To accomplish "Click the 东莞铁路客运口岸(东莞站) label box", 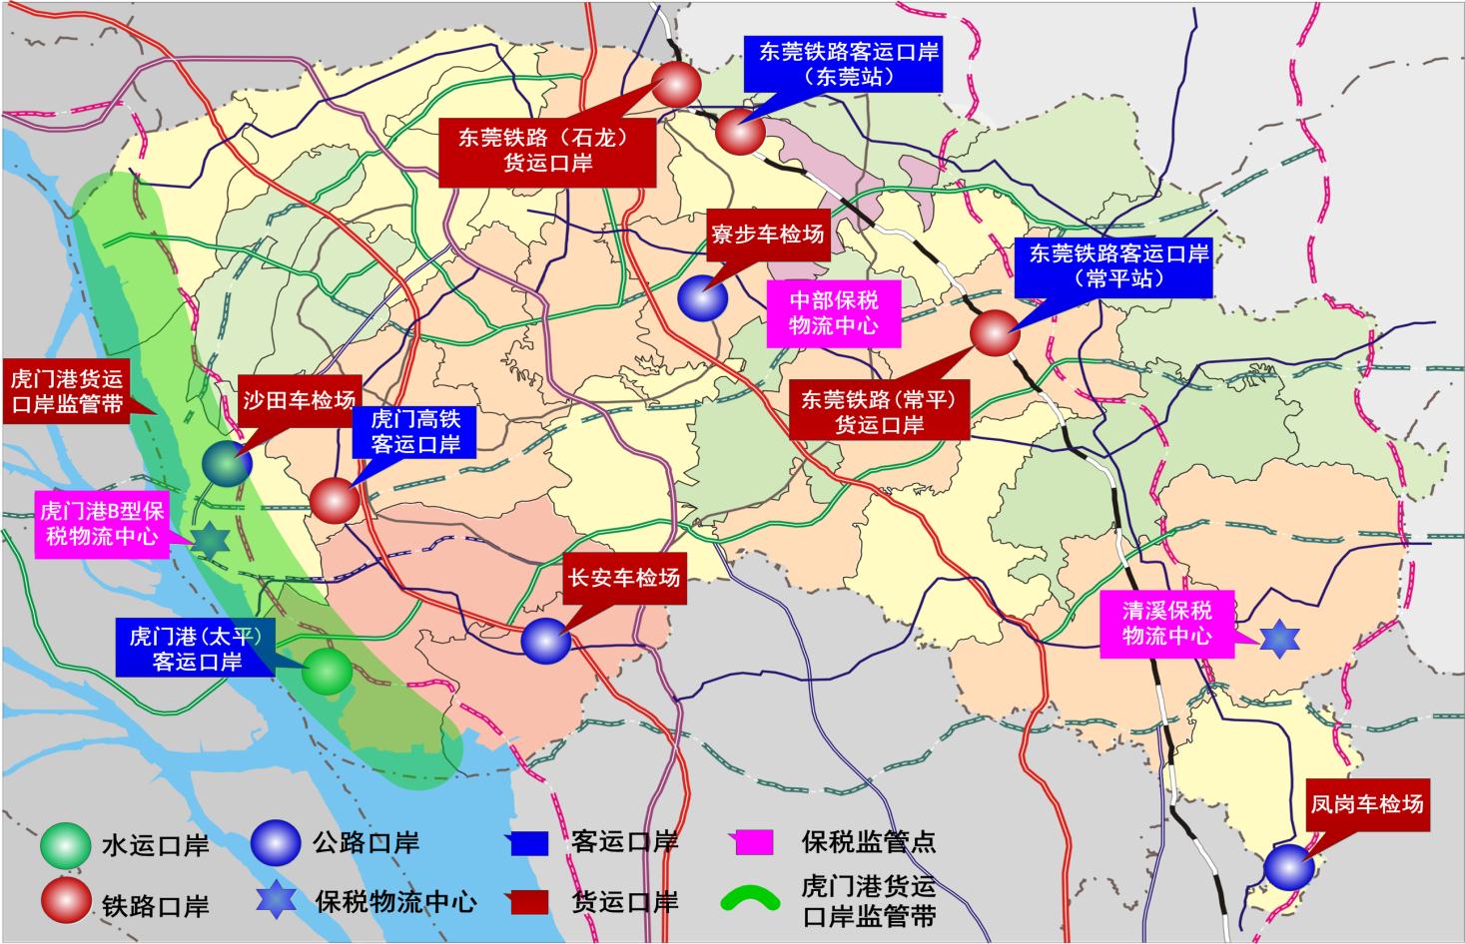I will pyautogui.click(x=849, y=65).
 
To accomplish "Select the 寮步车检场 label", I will pyautogui.click(x=767, y=235).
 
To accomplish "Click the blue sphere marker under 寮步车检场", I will pyautogui.click(x=703, y=297).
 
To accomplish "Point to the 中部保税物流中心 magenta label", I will pyautogui.click(x=834, y=312).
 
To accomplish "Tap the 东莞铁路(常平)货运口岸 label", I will pyautogui.click(x=879, y=412).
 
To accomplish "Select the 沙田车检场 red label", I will pyautogui.click(x=299, y=401).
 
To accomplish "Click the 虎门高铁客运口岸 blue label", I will pyautogui.click(x=415, y=432).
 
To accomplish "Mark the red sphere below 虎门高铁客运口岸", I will pyautogui.click(x=334, y=501).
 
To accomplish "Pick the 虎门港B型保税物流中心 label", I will pyautogui.click(x=99, y=523).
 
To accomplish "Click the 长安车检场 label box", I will pyautogui.click(x=624, y=578).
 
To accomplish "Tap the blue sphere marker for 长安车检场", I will pyautogui.click(x=546, y=641).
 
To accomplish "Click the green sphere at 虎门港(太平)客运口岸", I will pyautogui.click(x=328, y=673).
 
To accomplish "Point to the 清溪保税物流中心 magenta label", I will pyautogui.click(x=1167, y=623).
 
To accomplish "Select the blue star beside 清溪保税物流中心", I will pyautogui.click(x=1279, y=639).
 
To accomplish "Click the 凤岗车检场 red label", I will pyautogui.click(x=1367, y=804).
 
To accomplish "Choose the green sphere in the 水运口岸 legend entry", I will pyautogui.click(x=65, y=845).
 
